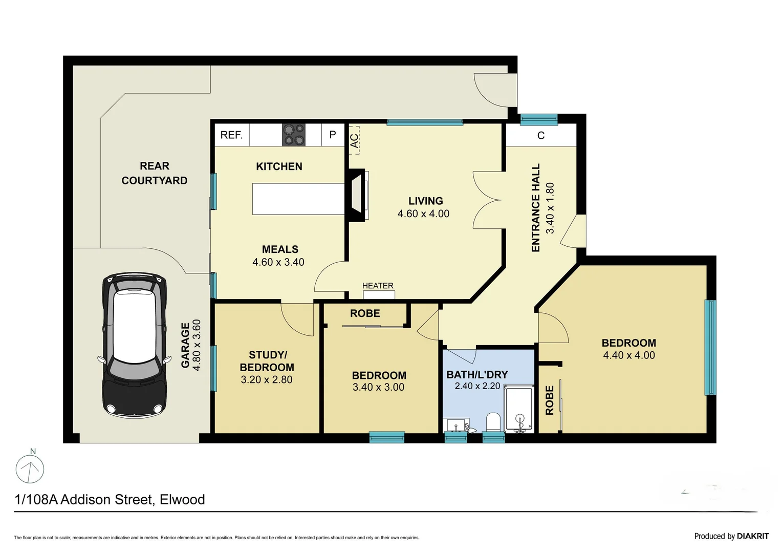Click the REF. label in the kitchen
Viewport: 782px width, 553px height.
(231, 135)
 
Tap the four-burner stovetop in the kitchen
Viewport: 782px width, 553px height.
(294, 135)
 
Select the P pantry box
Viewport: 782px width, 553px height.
(333, 135)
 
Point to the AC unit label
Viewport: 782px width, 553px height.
(354, 140)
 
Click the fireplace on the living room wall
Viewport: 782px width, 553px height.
(357, 195)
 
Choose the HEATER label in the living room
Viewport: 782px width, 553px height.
(378, 286)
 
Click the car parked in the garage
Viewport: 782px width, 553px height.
(135, 344)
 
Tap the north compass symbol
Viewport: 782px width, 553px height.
(30, 468)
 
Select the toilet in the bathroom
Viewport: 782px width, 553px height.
(493, 423)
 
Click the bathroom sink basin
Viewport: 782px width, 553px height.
(456, 425)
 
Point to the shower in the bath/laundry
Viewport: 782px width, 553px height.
(519, 410)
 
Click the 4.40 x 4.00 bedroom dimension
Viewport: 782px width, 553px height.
(628, 355)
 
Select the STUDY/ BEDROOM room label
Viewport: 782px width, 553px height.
(267, 361)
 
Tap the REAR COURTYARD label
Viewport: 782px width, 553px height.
(154, 173)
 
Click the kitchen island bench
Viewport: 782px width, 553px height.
(298, 199)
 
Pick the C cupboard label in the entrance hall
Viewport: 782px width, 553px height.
(541, 136)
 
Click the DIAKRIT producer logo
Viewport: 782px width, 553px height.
(752, 536)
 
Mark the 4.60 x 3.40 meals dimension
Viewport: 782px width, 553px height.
(278, 262)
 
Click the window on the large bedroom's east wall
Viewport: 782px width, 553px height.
(710, 347)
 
